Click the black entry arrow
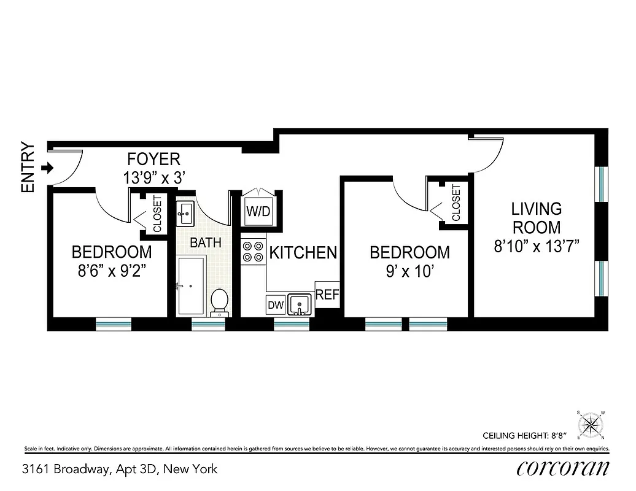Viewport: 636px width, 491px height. coord(45,167)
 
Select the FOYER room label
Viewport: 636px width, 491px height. coord(153,160)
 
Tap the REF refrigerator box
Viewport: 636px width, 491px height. coord(327,295)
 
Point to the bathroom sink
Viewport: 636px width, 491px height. coord(185,214)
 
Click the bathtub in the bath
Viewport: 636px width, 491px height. coord(191,285)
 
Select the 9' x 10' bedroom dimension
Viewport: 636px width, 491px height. coord(409,271)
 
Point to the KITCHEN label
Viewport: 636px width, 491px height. coord(303,252)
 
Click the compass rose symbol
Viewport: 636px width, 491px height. coord(591,425)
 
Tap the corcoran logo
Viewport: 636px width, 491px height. coord(563,468)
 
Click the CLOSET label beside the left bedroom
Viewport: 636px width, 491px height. coord(157,214)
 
